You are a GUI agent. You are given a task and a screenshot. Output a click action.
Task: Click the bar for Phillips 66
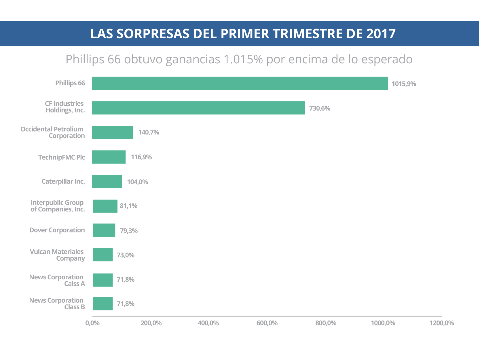click(240, 83)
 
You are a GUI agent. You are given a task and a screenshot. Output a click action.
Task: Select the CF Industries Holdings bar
click(198, 108)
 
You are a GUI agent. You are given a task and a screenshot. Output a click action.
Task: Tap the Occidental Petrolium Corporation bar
click(113, 132)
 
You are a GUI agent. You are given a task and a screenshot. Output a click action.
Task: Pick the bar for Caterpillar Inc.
click(107, 181)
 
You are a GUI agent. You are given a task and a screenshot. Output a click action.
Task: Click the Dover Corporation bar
click(104, 230)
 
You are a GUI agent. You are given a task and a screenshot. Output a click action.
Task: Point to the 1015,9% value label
click(404, 84)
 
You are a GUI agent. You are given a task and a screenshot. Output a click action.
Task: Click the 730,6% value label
click(320, 108)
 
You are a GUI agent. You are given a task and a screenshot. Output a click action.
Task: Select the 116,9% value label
click(141, 157)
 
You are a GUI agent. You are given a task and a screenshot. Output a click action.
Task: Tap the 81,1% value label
click(128, 206)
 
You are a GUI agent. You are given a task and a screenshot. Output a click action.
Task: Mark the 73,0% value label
click(125, 255)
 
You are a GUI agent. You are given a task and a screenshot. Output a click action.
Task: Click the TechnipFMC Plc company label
click(62, 157)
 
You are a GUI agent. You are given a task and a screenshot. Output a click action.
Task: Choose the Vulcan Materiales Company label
click(57, 255)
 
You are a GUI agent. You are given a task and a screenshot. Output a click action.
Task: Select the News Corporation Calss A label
click(57, 280)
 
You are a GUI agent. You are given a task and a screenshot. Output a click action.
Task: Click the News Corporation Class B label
click(57, 304)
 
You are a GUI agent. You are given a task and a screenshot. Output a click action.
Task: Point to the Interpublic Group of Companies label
click(58, 206)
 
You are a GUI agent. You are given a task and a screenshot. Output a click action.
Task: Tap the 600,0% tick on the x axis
click(267, 323)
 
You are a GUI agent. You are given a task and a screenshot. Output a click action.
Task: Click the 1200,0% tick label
click(441, 323)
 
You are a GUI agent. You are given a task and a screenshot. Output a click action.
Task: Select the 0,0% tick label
click(92, 323)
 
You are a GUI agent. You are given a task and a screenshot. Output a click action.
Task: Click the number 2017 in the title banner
click(381, 34)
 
